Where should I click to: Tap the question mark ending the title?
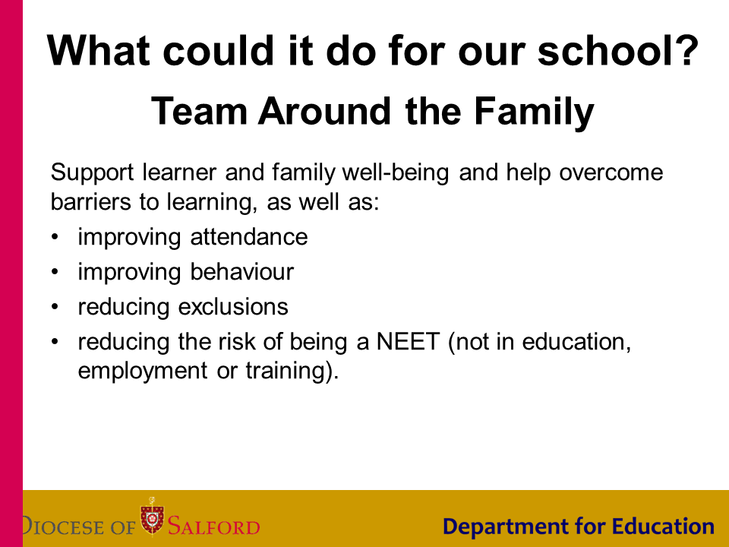pyautogui.click(x=685, y=49)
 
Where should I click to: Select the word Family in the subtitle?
pyautogui.click(x=534, y=112)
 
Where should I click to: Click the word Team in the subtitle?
pyautogui.click(x=199, y=111)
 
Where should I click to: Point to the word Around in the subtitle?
pyautogui.click(x=324, y=111)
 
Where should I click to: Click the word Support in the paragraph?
pyautogui.click(x=92, y=172)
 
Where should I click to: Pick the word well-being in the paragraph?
pyautogui.click(x=396, y=172)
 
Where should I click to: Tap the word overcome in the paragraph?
pyautogui.click(x=611, y=172)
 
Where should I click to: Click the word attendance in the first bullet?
pyautogui.click(x=249, y=237)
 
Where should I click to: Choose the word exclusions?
pyautogui.click(x=233, y=307)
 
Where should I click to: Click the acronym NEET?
pyautogui.click(x=408, y=341)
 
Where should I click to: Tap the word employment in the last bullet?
pyautogui.click(x=142, y=372)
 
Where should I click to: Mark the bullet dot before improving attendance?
pyautogui.click(x=55, y=237)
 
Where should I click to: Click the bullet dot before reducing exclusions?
pyautogui.click(x=55, y=307)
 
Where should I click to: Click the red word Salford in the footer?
pyautogui.click(x=213, y=526)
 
